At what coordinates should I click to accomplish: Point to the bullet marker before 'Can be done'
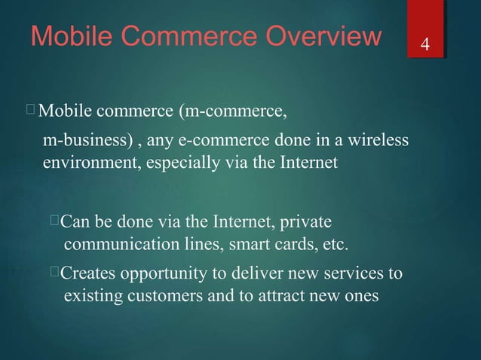[54, 221]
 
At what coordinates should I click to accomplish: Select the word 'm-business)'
[81, 141]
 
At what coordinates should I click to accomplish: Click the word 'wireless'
[375, 141]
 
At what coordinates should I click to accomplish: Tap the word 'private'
[305, 223]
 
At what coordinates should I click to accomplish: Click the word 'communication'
[115, 245]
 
